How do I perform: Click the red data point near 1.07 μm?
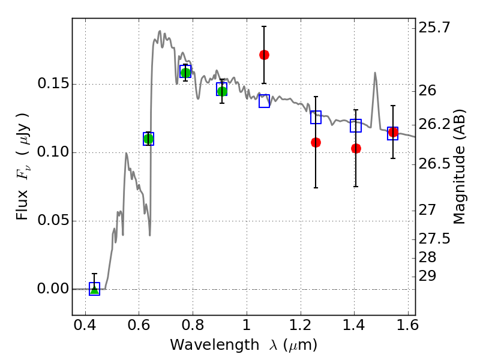(x=264, y=55)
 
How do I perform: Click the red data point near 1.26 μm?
(x=316, y=142)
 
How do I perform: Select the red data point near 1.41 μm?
(x=356, y=148)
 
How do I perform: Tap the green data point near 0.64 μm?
(x=148, y=139)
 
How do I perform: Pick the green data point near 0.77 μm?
(x=185, y=73)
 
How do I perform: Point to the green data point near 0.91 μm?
(x=222, y=91)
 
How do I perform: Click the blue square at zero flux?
(x=94, y=289)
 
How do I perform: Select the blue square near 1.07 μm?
(x=264, y=101)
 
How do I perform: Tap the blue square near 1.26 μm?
(x=316, y=118)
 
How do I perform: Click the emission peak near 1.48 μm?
(x=375, y=73)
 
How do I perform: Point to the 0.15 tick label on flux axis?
(x=53, y=84)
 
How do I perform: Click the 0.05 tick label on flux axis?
(x=53, y=221)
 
